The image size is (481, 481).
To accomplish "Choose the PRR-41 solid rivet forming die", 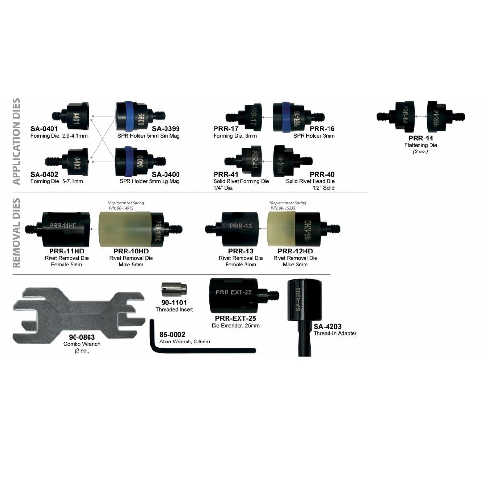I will pos(251,160).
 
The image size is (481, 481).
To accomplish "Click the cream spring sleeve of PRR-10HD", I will pos(126,229).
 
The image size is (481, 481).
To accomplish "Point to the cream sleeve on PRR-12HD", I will pos(281,229).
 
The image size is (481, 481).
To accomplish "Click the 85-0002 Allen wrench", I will pos(202,349).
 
